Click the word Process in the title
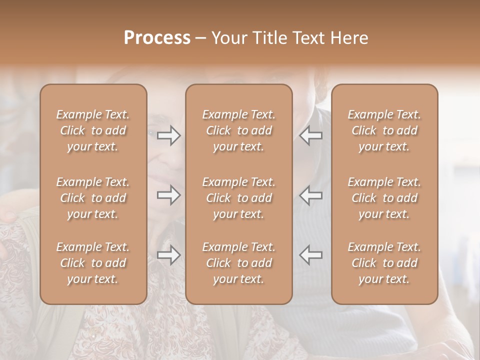click(x=157, y=37)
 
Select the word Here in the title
click(x=348, y=37)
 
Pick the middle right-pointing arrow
click(x=168, y=195)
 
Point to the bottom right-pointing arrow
click(x=168, y=255)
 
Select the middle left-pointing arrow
click(x=310, y=195)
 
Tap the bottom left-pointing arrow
click(x=310, y=254)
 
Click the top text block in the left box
click(x=93, y=130)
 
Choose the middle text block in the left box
click(x=93, y=198)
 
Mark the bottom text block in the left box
click(x=93, y=263)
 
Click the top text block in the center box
click(x=239, y=130)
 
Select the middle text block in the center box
click(x=239, y=198)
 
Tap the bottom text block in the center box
click(x=239, y=263)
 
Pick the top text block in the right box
click(x=384, y=130)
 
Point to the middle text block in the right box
click(x=384, y=198)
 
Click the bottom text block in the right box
click(x=384, y=263)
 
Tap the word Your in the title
click(x=228, y=37)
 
